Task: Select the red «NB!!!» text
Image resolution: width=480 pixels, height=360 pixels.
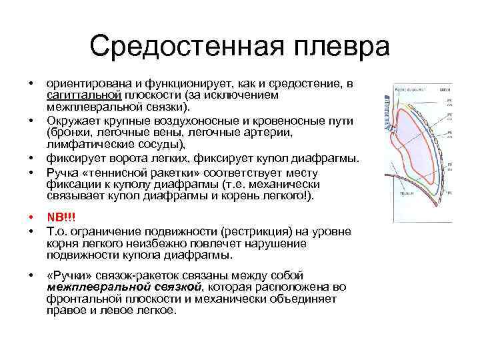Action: [x=61, y=217]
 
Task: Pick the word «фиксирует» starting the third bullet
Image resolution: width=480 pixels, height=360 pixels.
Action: [x=75, y=159]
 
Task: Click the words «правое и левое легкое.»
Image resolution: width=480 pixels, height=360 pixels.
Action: [x=111, y=311]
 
